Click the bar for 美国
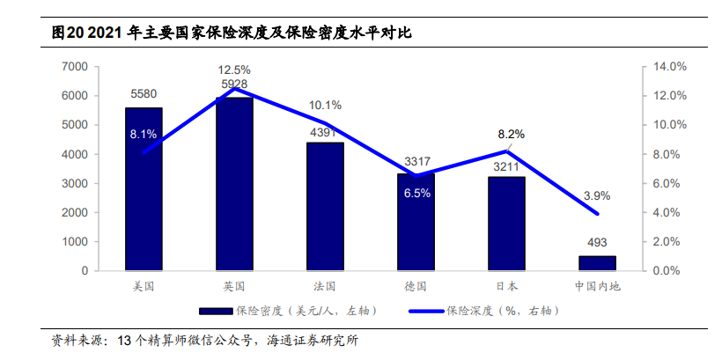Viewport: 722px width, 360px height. pos(144,189)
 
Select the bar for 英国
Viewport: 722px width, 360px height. pos(234,184)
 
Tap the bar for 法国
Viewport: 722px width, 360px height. pos(325,207)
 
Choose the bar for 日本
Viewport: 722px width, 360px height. pos(506,224)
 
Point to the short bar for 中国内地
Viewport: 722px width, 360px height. pos(597,263)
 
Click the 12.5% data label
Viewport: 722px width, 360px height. pos(235,70)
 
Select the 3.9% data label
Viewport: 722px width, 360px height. pos(597,195)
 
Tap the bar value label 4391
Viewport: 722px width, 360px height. pos(325,133)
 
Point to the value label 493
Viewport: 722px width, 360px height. pos(597,242)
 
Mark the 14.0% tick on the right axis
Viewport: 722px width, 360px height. pos(668,66)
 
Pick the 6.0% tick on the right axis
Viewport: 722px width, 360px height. pos(666,183)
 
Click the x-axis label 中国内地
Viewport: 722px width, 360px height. pos(598,286)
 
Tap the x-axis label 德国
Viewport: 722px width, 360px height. pos(416,286)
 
